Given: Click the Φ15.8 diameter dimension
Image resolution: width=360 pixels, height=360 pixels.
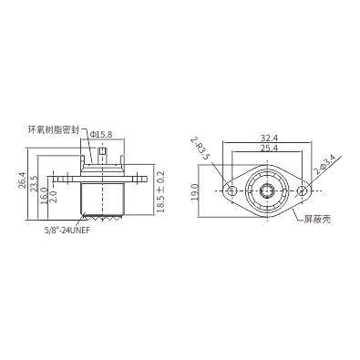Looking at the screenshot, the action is click(101, 134).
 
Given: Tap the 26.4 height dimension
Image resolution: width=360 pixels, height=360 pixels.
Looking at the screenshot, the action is click(22, 180).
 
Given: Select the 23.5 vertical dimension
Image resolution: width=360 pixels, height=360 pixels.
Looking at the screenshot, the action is click(34, 183).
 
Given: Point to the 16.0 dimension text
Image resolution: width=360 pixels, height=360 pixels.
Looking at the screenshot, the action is click(44, 196).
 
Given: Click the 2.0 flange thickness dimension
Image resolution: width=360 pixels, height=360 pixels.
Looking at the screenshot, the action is click(54, 196).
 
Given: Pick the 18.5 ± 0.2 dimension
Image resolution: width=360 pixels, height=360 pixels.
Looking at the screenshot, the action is click(160, 191).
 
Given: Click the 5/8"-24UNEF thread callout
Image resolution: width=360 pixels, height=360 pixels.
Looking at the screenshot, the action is click(67, 231).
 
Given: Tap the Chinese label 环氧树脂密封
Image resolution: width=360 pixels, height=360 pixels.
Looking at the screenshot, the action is click(54, 130).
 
